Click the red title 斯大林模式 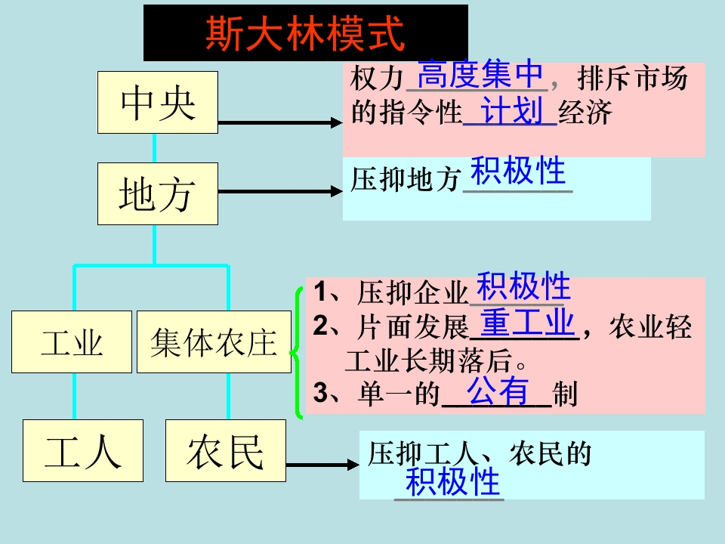305,33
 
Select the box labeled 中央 157,103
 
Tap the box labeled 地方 157,194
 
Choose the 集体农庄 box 214,342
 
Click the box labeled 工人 83,450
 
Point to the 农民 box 226,450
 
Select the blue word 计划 512,112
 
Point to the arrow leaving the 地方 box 279,191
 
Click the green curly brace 297,352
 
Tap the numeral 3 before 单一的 320,393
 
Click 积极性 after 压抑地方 518,171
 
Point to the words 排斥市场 632,78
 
